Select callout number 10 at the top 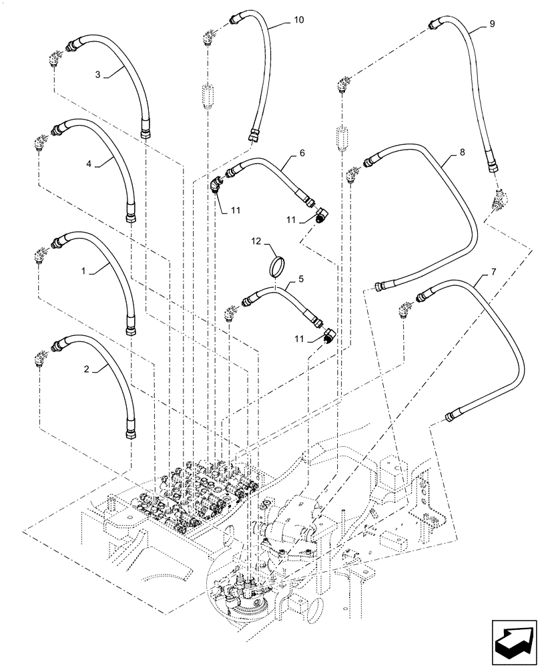click(x=298, y=21)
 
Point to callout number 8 click(x=463, y=153)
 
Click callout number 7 click(x=493, y=273)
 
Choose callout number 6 click(x=302, y=153)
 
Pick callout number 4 click(x=87, y=162)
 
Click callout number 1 click(x=83, y=271)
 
